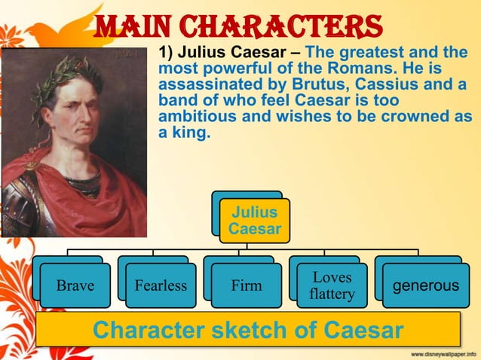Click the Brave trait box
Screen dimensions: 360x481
coord(75,285)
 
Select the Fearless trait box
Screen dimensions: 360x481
coord(161,285)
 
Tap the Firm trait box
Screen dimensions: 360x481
coord(247,285)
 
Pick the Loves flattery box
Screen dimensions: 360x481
coord(332,285)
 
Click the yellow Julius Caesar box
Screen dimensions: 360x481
coord(255,220)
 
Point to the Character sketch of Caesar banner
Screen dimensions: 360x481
coord(248,330)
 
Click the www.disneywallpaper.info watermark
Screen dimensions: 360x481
coord(443,353)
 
